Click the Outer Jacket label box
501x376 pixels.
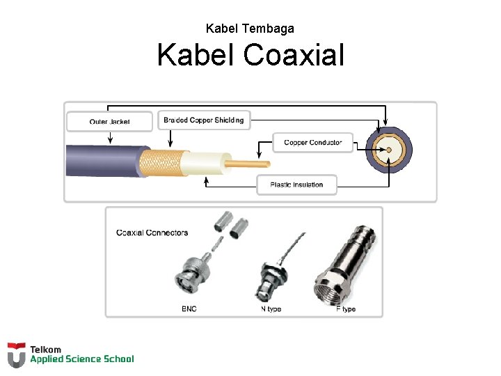pyautogui.click(x=109, y=122)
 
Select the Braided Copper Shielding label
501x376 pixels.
pyautogui.click(x=204, y=120)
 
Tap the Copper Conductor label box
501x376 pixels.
pyautogui.click(x=312, y=143)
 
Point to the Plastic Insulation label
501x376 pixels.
pyautogui.click(x=296, y=185)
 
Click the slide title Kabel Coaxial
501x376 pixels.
pyautogui.click(x=250, y=54)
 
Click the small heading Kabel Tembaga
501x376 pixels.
pyautogui.click(x=250, y=29)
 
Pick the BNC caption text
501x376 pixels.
pyautogui.click(x=189, y=308)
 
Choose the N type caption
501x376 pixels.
pyautogui.click(x=271, y=308)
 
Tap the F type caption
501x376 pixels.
pyautogui.click(x=345, y=308)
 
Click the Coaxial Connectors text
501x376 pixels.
pyautogui.click(x=152, y=233)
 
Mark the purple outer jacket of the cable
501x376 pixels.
pyautogui.click(x=104, y=160)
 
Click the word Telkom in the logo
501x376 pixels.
pyautogui.click(x=45, y=350)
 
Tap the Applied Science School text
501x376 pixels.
pyautogui.click(x=81, y=359)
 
